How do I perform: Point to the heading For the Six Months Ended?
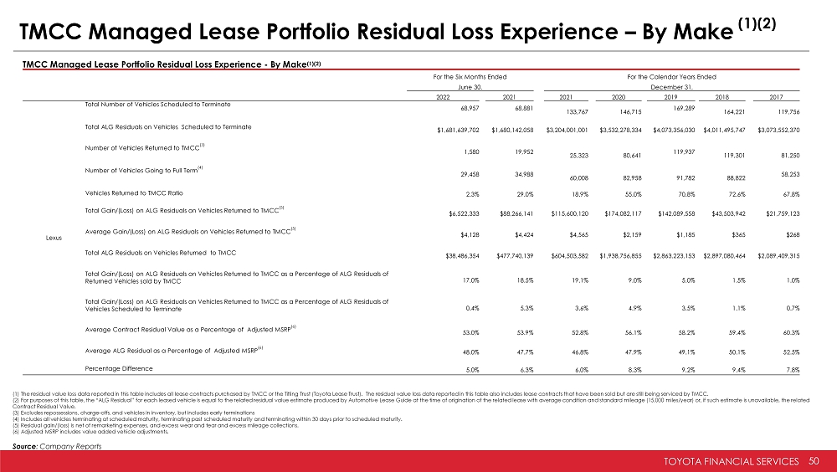[470, 76]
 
